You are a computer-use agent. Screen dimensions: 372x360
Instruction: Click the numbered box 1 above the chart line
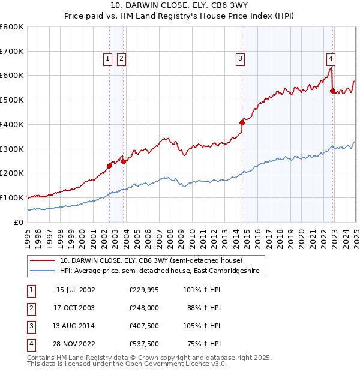coord(107,58)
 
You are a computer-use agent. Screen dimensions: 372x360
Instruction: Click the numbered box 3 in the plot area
coord(240,58)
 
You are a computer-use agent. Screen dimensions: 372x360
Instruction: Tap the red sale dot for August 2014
coord(242,122)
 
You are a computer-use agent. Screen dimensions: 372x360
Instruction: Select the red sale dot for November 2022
coord(333,91)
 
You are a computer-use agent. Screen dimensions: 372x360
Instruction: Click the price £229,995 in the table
coord(144,290)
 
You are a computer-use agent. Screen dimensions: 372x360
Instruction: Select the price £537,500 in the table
coord(144,344)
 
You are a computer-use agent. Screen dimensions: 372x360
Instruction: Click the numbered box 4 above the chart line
coord(331,58)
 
